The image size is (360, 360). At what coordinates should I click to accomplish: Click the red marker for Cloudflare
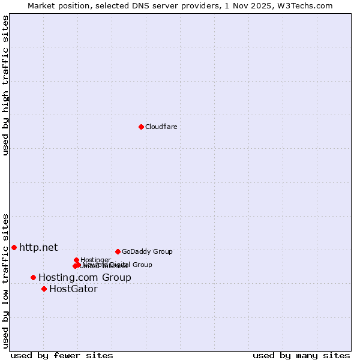click(141, 127)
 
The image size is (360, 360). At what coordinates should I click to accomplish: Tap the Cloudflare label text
click(161, 127)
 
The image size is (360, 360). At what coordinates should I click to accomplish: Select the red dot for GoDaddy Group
click(118, 251)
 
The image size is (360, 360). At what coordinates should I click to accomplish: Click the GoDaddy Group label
click(147, 251)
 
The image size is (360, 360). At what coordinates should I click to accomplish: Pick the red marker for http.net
click(14, 247)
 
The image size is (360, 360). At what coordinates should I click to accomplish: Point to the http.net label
click(38, 247)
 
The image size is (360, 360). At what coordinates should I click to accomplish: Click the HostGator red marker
click(44, 289)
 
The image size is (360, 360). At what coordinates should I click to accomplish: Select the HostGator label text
click(73, 289)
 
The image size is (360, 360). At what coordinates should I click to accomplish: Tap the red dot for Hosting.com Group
click(33, 277)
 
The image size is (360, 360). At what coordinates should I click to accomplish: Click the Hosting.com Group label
click(85, 277)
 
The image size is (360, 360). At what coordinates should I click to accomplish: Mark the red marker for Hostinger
click(76, 260)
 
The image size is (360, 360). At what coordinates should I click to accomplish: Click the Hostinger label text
click(95, 260)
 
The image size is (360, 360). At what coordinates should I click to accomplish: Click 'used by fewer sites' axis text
click(62, 355)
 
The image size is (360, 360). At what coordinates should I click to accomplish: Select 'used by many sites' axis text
click(301, 355)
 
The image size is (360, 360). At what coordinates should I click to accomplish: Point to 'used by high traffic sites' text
click(6, 85)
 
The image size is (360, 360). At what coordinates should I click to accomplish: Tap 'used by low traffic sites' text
click(6, 281)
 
